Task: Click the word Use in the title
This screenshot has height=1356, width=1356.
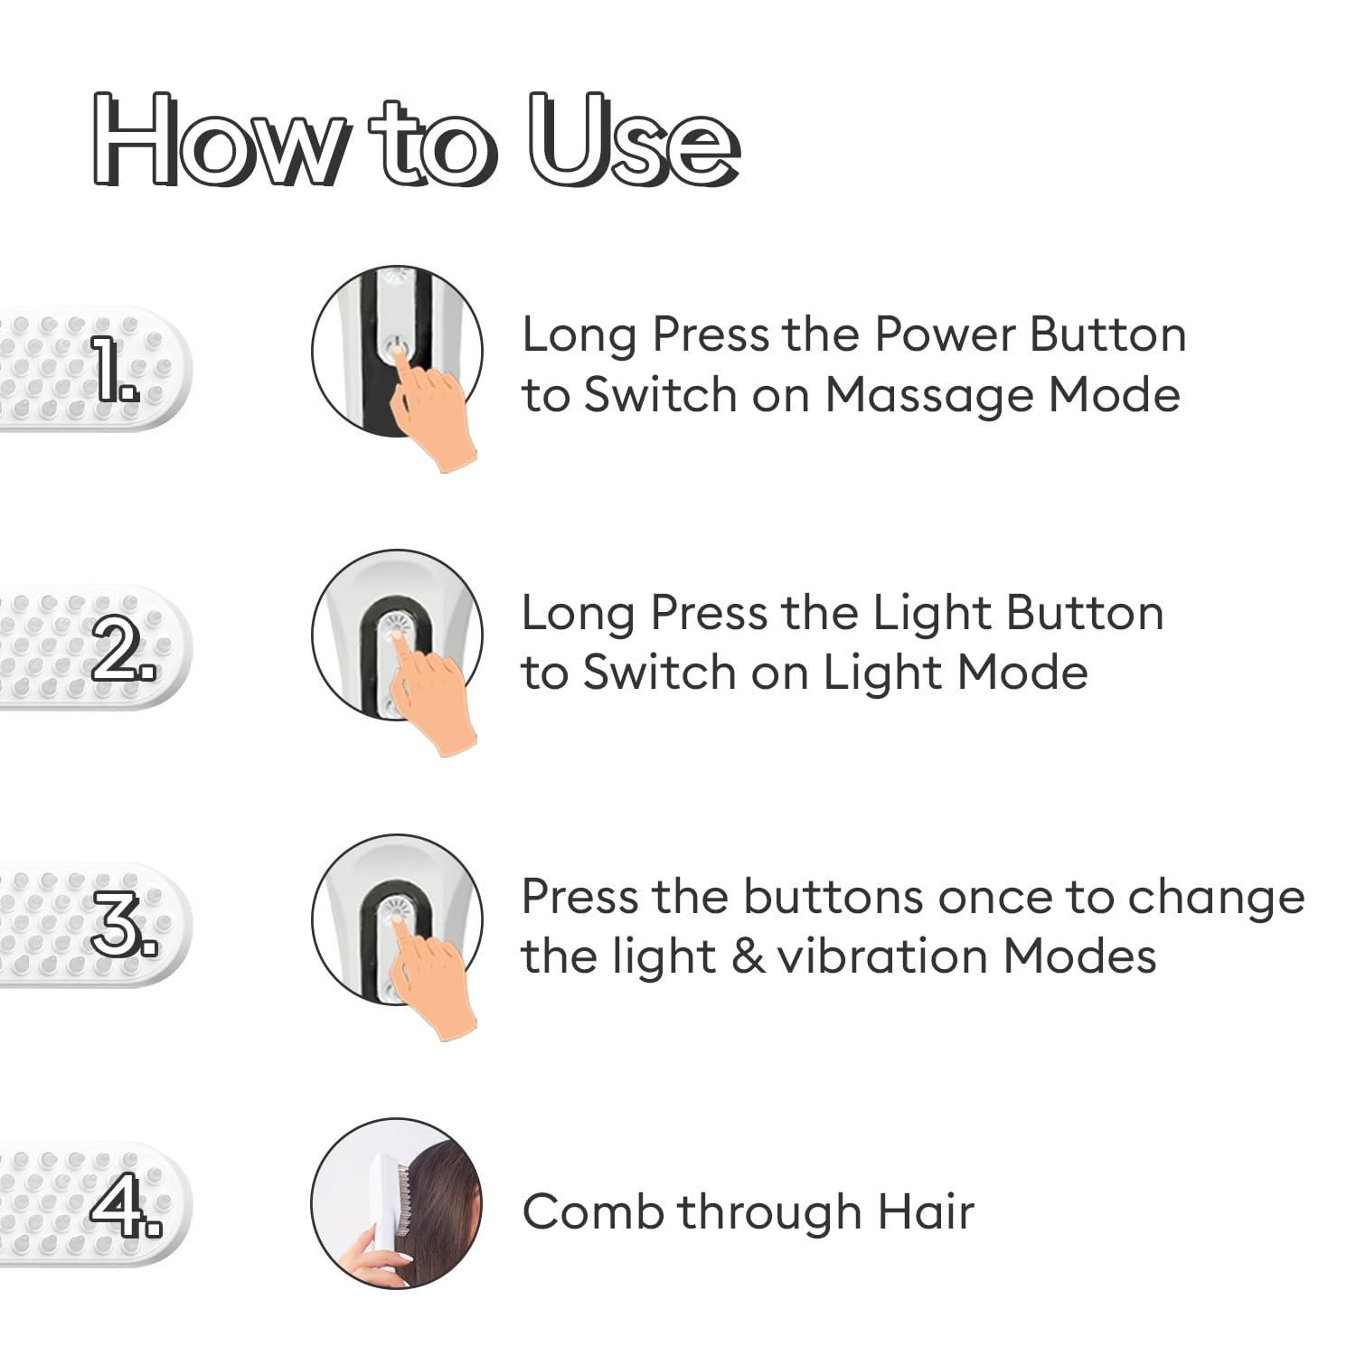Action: coord(633,141)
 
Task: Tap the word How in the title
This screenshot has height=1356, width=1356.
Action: coord(217,141)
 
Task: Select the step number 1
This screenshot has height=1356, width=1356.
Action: coord(117,369)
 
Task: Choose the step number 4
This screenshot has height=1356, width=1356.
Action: coord(126,1204)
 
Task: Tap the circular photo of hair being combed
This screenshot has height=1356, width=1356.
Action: coord(397,1204)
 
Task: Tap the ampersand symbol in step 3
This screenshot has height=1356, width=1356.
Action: coord(748,956)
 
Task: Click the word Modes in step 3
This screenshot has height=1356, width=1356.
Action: coord(1079,956)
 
